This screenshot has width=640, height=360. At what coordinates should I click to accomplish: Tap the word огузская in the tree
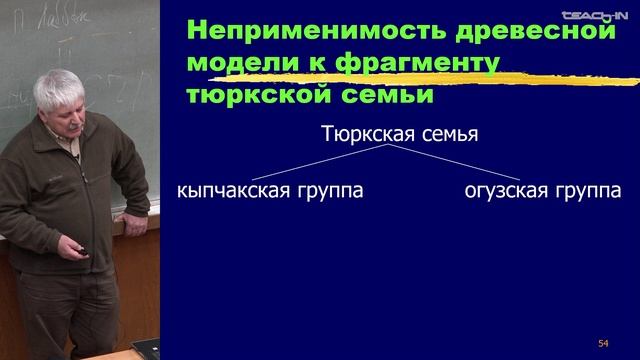(x=504, y=190)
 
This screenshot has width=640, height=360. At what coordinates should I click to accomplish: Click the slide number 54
(x=602, y=343)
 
